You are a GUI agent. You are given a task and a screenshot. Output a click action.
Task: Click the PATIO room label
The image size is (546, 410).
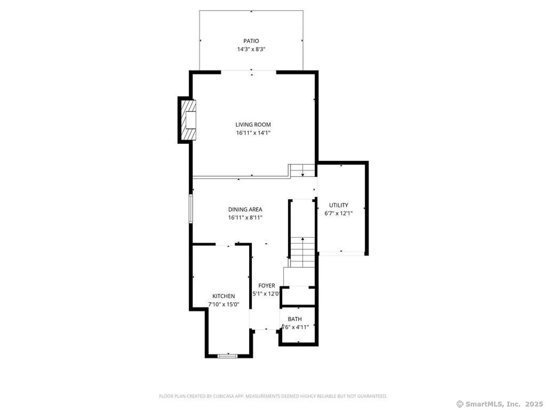pos(251,41)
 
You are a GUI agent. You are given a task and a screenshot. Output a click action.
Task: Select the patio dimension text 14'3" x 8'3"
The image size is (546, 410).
pos(251,49)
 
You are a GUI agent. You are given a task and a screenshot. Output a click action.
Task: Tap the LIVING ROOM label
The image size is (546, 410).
pos(253,125)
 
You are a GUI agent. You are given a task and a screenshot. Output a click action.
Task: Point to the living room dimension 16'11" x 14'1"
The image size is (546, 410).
pos(253,133)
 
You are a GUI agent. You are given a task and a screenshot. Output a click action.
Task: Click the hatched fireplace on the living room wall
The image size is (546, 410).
pos(189,120)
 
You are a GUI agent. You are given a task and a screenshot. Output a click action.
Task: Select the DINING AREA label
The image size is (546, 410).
pos(245,209)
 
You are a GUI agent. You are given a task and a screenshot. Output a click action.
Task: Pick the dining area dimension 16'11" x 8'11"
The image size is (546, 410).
pos(245,218)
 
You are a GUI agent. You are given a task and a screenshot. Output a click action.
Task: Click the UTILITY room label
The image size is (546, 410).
pos(339,205)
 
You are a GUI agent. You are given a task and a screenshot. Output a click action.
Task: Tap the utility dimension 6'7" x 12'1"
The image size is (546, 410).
pos(339,213)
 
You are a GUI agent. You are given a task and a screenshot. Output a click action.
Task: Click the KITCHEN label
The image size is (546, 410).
pos(224,296)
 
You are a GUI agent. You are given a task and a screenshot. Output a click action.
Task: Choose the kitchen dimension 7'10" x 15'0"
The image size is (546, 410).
pos(224,304)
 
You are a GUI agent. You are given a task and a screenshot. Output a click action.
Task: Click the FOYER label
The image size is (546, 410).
pos(266,286)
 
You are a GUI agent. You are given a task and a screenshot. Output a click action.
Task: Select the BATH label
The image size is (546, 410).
pos(295,319)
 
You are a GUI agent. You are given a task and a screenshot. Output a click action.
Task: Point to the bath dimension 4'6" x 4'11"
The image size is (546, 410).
pos(295,327)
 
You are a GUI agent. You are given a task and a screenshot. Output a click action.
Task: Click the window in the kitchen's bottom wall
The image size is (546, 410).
pos(227,356)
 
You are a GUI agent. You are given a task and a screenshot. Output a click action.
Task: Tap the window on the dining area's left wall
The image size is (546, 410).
pos(191,209)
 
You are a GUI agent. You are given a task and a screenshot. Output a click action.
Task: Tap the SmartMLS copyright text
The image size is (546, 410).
pos(500,404)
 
